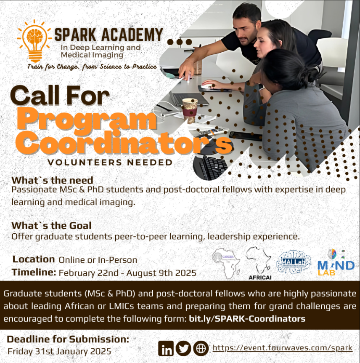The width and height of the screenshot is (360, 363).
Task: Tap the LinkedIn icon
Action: pyautogui.click(x=167, y=348)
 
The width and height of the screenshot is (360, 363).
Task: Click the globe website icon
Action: pyautogui.click(x=201, y=348)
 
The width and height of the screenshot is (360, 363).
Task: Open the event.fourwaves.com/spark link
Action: pyautogui.click(x=282, y=348)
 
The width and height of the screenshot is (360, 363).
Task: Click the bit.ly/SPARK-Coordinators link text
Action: pyautogui.click(x=247, y=318)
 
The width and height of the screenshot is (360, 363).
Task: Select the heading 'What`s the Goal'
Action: pyautogui.click(x=51, y=225)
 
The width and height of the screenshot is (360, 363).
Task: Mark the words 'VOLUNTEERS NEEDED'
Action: pyautogui.click(x=110, y=162)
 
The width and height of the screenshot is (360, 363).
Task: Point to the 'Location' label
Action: pyautogui.click(x=34, y=259)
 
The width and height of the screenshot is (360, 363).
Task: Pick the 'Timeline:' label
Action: pyautogui.click(x=34, y=272)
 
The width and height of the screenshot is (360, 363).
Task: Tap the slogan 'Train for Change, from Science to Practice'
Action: pyautogui.click(x=92, y=67)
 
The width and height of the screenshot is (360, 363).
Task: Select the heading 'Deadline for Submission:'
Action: pyautogui.click(x=68, y=339)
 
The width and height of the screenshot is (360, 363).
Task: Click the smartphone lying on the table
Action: pyautogui.click(x=245, y=136)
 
